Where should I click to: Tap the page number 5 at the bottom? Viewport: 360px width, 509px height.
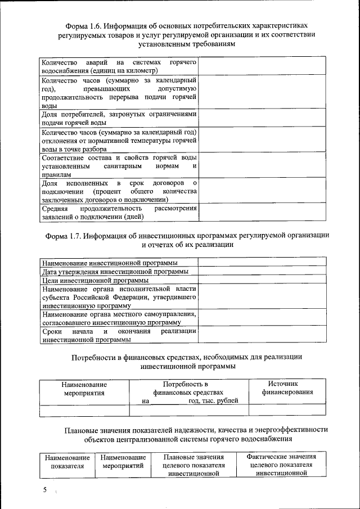pos(46,490)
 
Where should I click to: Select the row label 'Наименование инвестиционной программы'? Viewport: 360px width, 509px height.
pos(110,263)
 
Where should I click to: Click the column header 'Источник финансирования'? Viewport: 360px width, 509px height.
pos(287,388)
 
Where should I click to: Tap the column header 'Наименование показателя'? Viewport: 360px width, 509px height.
pos(67,462)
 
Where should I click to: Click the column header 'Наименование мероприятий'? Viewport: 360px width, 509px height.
pos(123,462)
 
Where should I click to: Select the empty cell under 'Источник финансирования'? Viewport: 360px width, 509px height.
pos(287,411)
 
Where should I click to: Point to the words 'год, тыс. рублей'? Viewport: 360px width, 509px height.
pos(213,400)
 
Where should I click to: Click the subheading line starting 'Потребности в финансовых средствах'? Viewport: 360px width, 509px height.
pos(187,357)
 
